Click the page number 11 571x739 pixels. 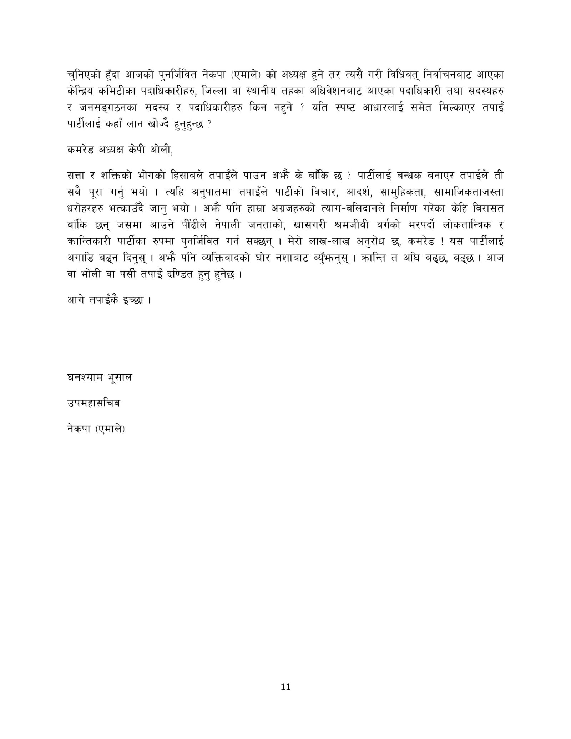[285, 687]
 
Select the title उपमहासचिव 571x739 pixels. [94, 403]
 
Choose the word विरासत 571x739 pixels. [486, 209]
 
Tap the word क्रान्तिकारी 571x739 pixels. [89, 242]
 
